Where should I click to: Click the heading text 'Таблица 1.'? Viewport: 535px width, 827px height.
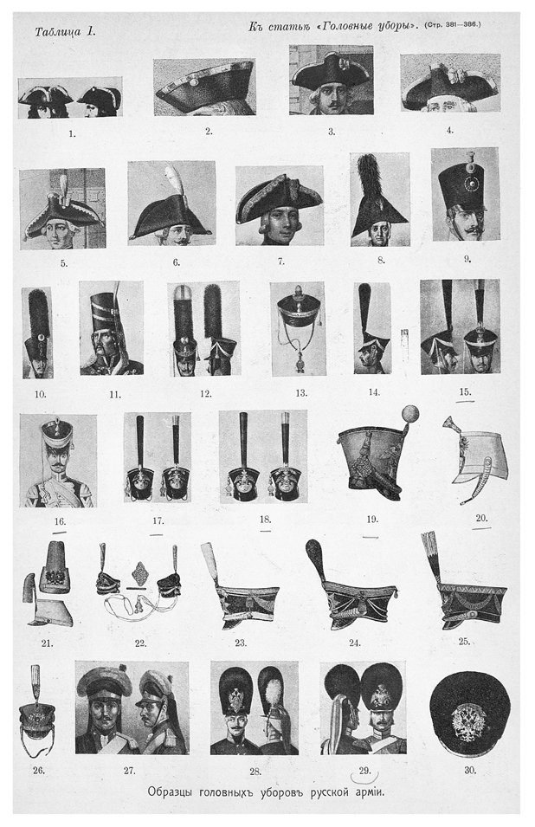coord(65,32)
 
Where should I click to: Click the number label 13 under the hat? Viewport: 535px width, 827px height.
coord(301,393)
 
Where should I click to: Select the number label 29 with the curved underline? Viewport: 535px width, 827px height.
coord(364,771)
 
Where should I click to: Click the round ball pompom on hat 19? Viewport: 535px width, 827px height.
coord(409,414)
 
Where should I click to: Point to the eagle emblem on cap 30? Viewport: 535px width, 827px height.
coord(468,721)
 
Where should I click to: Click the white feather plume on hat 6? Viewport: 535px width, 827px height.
coord(176,181)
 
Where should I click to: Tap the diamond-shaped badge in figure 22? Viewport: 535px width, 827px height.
coord(140,572)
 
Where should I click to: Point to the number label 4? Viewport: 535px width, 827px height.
coord(449,130)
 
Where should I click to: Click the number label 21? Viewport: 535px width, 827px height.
coord(47,643)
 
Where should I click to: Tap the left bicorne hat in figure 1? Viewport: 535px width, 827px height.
coord(45,94)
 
